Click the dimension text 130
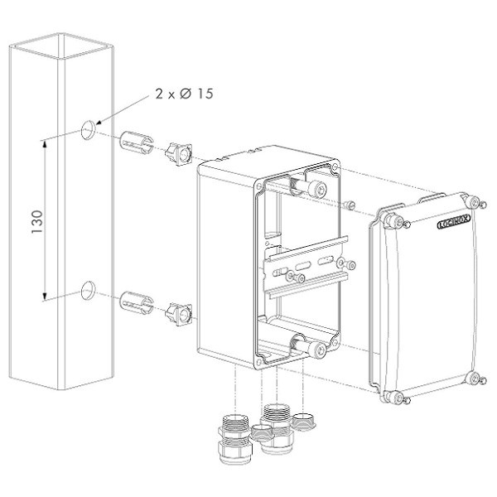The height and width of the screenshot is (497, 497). tap(37, 221)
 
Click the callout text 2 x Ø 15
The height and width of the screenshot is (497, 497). tap(184, 94)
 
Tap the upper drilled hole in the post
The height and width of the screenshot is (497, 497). tap(88, 130)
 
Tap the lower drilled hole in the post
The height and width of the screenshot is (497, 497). tap(88, 291)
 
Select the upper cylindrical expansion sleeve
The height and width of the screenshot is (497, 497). tap(137, 142)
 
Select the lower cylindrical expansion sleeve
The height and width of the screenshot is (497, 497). tap(137, 303)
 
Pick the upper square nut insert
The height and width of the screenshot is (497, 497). tap(179, 154)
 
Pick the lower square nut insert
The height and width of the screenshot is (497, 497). tap(179, 315)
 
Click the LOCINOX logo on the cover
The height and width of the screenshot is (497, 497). tap(454, 221)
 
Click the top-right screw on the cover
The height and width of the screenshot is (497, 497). tap(477, 203)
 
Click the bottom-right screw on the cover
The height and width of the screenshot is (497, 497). tap(476, 379)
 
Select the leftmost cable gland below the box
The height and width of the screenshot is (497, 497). tap(234, 439)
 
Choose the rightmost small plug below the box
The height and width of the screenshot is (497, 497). tap(303, 422)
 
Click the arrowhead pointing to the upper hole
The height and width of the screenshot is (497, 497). tap(99, 123)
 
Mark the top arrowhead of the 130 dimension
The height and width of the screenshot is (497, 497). tap(45, 144)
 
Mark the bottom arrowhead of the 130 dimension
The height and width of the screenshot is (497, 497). tap(45, 296)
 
